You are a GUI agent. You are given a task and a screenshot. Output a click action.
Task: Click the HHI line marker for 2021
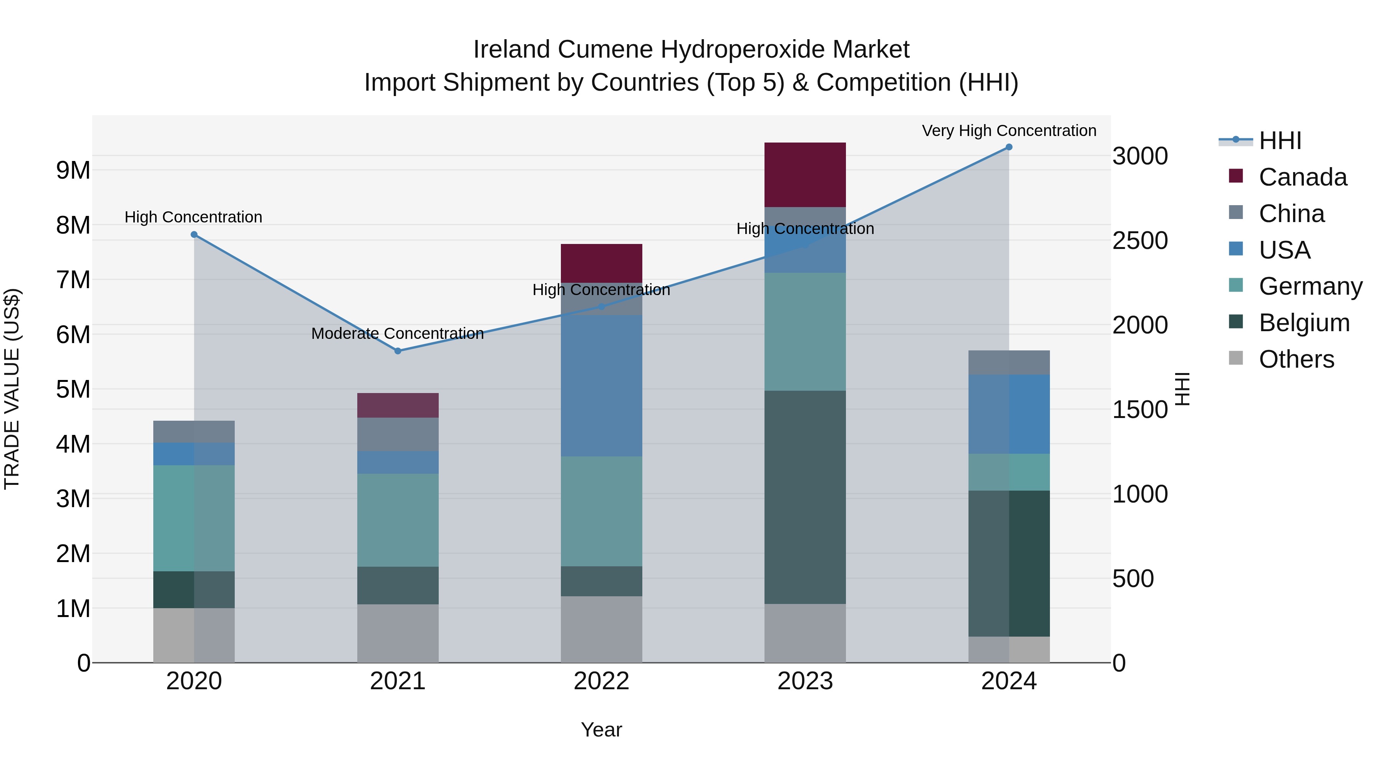click(x=398, y=351)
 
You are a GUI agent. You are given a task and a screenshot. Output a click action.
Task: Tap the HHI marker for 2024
click(x=1009, y=147)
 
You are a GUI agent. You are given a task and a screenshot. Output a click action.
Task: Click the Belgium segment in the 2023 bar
click(x=805, y=497)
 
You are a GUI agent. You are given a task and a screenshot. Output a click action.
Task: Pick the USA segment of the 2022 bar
click(x=601, y=385)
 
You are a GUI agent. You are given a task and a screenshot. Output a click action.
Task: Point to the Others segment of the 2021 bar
click(x=398, y=633)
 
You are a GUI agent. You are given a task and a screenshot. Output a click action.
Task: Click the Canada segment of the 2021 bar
click(x=398, y=405)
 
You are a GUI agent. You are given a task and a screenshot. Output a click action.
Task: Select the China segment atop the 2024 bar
click(x=1009, y=362)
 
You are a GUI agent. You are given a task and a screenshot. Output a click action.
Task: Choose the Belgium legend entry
click(x=1303, y=323)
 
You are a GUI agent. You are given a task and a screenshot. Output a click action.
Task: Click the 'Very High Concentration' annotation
click(x=1009, y=131)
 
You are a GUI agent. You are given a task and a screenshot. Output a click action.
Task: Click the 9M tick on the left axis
click(x=73, y=170)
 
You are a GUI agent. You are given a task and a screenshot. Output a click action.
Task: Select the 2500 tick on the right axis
click(x=1139, y=241)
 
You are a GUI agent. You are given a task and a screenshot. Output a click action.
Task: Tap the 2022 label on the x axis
click(x=601, y=681)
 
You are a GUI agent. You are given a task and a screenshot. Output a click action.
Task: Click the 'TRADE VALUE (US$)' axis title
click(x=12, y=389)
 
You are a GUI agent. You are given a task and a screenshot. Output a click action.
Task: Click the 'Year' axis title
click(x=601, y=730)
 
